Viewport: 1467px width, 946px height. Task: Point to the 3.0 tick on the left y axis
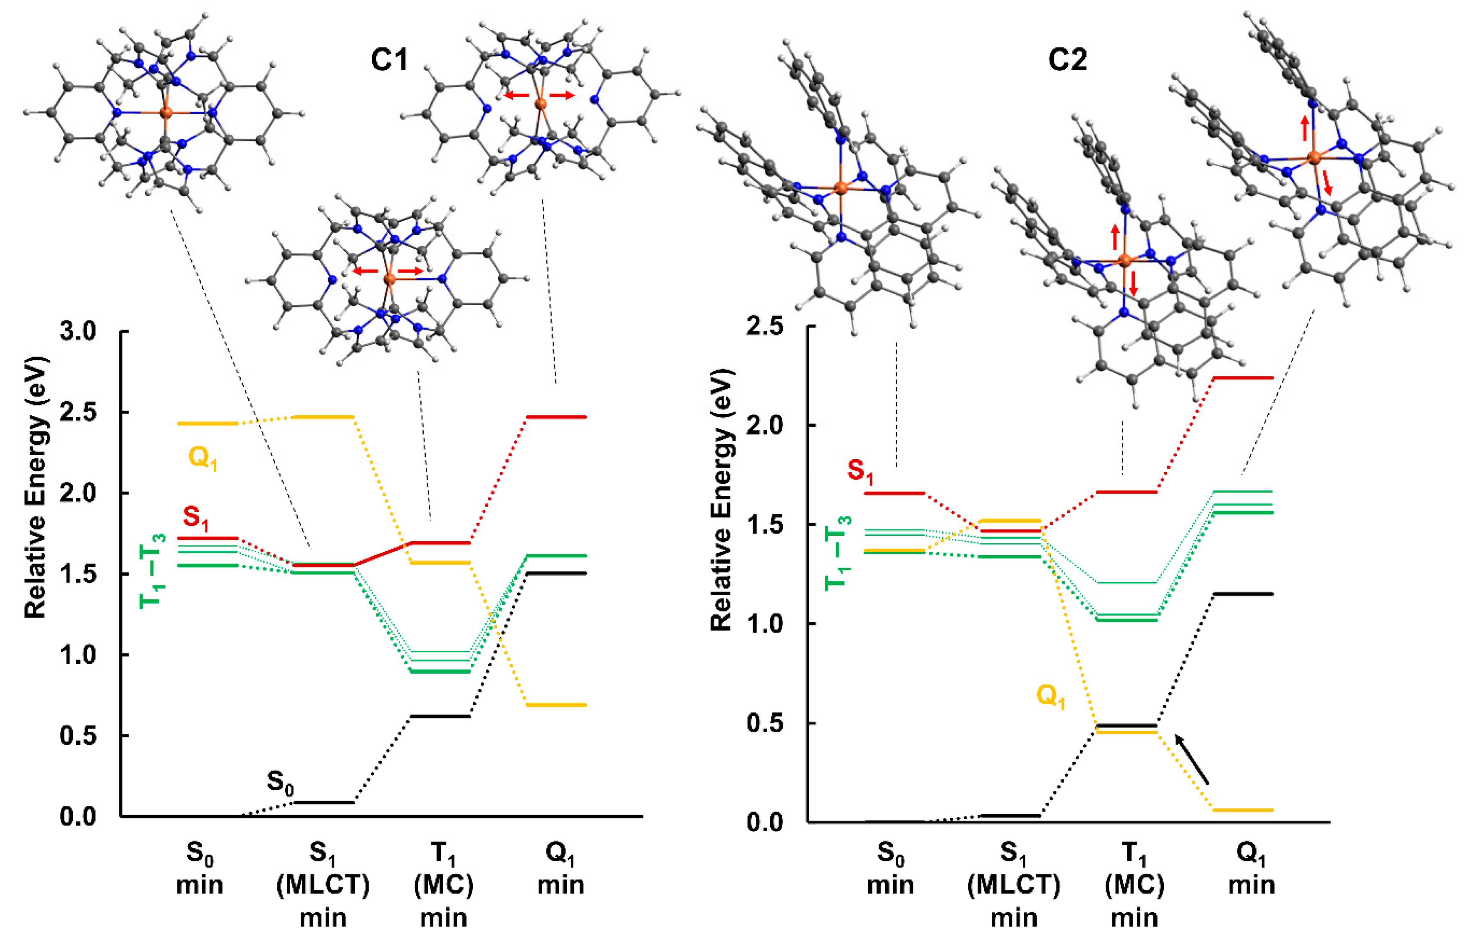[78, 332]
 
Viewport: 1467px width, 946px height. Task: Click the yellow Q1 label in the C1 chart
[203, 458]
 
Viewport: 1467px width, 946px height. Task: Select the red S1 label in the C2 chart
[860, 471]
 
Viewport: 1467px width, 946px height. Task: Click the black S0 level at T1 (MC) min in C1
[440, 716]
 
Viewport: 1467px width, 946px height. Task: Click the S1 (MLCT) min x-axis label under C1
[323, 884]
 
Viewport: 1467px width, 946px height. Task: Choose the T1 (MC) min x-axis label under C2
[1134, 884]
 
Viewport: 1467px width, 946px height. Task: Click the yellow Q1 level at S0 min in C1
[207, 423]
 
